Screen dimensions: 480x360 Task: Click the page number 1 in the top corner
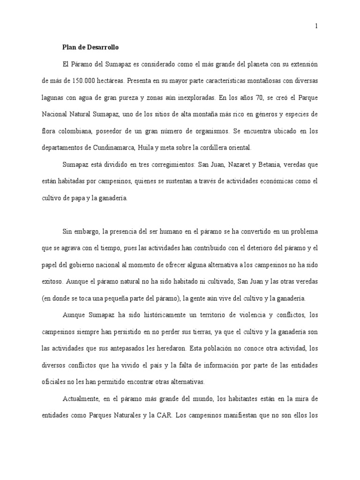(x=316, y=26)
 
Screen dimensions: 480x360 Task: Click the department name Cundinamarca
(x=109, y=148)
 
